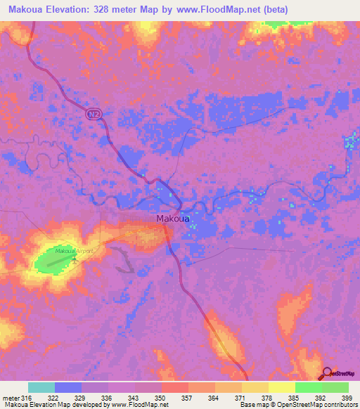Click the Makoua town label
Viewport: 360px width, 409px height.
click(x=172, y=219)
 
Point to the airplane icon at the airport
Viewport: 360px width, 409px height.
click(x=75, y=259)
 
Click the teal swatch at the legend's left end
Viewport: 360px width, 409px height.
click(x=41, y=387)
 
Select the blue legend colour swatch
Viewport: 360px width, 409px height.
click(x=67, y=387)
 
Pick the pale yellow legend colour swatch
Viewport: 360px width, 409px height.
click(x=281, y=387)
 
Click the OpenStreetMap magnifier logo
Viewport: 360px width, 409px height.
click(x=328, y=373)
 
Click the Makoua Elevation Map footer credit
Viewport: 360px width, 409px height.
click(x=84, y=405)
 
